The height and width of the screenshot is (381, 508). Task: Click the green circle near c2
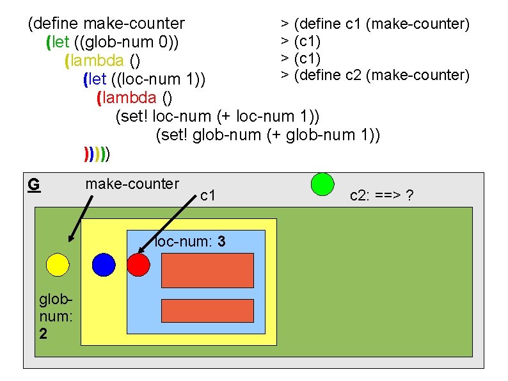coord(322,184)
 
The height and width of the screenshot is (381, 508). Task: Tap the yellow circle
coord(57,264)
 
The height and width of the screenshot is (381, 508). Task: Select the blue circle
coord(104,264)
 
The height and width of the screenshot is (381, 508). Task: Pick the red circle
coord(138,264)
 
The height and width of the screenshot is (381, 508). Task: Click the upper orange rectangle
coord(207,270)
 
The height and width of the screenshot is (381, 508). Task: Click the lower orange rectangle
coord(207,310)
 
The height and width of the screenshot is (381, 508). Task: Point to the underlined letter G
coord(34,185)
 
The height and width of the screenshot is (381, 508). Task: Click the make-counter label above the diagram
coord(132,184)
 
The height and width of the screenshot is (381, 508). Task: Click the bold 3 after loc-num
coord(221,242)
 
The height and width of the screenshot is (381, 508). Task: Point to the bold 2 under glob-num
coord(43,334)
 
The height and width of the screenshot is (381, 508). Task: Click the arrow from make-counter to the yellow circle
coord(81,218)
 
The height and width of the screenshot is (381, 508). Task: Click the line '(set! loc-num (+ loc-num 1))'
coord(217,117)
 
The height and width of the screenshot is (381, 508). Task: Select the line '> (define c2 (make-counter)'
coord(376,75)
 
